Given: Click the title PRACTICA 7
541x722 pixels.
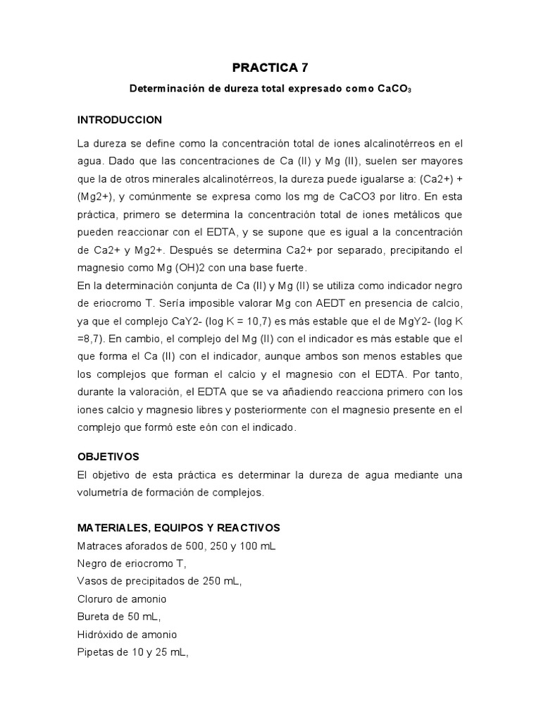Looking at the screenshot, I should click(x=270, y=68).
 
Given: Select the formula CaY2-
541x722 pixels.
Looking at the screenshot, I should click(x=198, y=321).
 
